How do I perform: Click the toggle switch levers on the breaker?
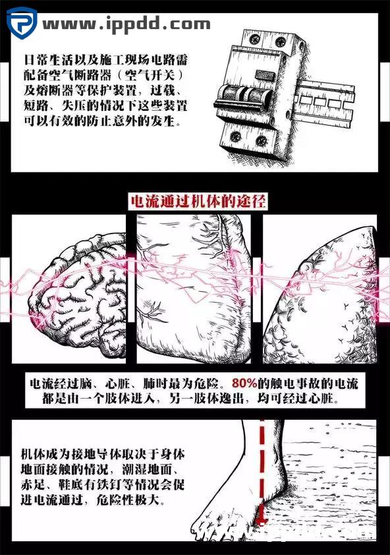244,96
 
